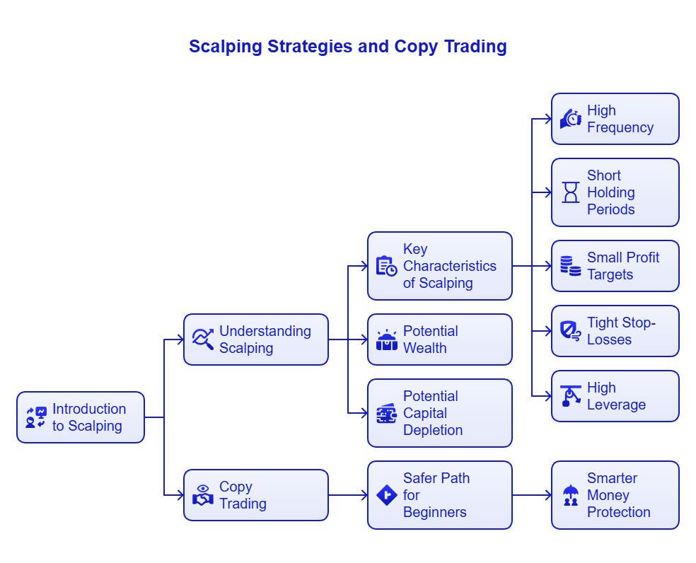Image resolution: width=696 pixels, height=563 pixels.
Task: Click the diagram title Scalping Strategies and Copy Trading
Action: point(347,47)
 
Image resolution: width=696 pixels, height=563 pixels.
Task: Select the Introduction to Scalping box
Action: point(81,417)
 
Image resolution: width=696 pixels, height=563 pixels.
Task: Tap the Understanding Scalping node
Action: point(256,339)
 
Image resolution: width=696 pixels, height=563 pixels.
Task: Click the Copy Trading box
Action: point(256,495)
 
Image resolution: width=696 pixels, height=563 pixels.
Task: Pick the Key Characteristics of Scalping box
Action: point(439,266)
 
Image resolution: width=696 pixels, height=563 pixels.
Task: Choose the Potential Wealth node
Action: point(439,339)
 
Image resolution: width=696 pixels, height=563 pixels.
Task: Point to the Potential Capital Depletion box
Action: point(439,413)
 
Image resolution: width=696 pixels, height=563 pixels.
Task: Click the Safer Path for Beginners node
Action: point(439,495)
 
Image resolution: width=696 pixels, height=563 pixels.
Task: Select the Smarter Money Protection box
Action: point(615,495)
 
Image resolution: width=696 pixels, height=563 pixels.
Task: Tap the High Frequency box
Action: point(615,119)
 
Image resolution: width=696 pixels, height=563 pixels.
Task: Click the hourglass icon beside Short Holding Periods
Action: point(570,192)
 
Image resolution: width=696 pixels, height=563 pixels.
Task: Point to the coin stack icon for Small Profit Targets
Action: point(570,266)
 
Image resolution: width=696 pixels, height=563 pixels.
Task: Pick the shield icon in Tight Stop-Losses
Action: point(570,331)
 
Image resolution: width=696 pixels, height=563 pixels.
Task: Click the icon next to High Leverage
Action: point(570,396)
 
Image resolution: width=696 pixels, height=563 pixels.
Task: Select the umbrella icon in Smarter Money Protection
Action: point(570,495)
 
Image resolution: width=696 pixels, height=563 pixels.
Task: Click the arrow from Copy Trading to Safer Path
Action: point(348,495)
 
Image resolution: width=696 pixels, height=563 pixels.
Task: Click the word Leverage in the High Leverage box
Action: point(616,405)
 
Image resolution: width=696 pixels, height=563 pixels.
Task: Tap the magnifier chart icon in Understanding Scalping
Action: point(203,339)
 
